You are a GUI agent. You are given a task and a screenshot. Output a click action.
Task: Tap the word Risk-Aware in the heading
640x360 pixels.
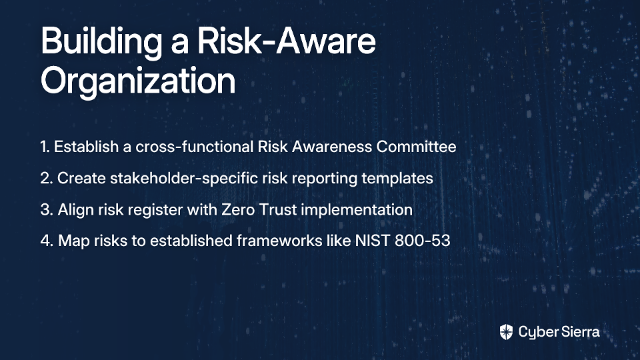coord(286,41)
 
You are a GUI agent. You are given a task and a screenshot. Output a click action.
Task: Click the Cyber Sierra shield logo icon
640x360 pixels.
coord(506,332)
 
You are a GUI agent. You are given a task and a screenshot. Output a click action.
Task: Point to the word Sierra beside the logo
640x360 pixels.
coord(579,332)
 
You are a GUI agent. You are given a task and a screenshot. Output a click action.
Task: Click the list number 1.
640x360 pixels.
coord(45,147)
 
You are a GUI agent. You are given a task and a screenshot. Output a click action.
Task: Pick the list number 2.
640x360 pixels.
coord(46,179)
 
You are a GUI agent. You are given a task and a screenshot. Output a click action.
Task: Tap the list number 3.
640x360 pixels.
coord(47,210)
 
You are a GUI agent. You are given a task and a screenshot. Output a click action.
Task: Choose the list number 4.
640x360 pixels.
coord(47,241)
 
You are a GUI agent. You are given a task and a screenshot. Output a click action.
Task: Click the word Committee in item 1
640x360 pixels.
coord(416,147)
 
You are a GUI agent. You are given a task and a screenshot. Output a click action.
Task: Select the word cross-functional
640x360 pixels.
coord(194,147)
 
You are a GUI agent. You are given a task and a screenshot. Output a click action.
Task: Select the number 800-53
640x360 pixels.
coord(423,241)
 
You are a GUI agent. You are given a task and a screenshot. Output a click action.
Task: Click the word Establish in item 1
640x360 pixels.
coord(86,147)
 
